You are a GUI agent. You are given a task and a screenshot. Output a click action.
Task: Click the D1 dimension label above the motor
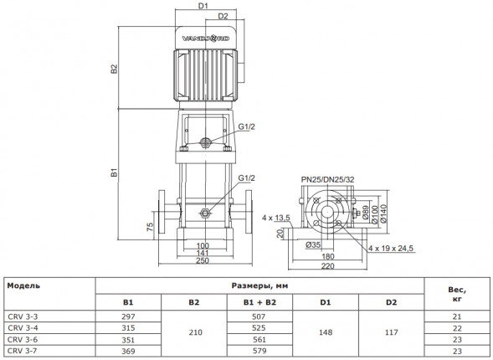pos(203,6)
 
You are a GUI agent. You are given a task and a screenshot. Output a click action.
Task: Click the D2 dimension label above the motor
pos(223,16)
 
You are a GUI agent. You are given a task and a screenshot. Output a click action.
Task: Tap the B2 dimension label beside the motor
pos(114,69)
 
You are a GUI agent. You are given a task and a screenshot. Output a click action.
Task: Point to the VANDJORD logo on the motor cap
pos(206,39)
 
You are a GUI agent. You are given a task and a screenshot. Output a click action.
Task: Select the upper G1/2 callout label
pos(246,126)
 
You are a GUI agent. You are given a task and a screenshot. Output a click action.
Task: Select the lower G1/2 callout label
pos(246,178)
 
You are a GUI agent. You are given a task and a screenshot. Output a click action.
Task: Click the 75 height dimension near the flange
pos(151,227)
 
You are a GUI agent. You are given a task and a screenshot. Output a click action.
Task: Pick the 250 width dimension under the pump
pos(203,260)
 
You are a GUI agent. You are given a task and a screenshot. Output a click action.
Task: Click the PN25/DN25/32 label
pos(327,179)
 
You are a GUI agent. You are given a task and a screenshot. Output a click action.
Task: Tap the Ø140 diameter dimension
pos(383,213)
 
